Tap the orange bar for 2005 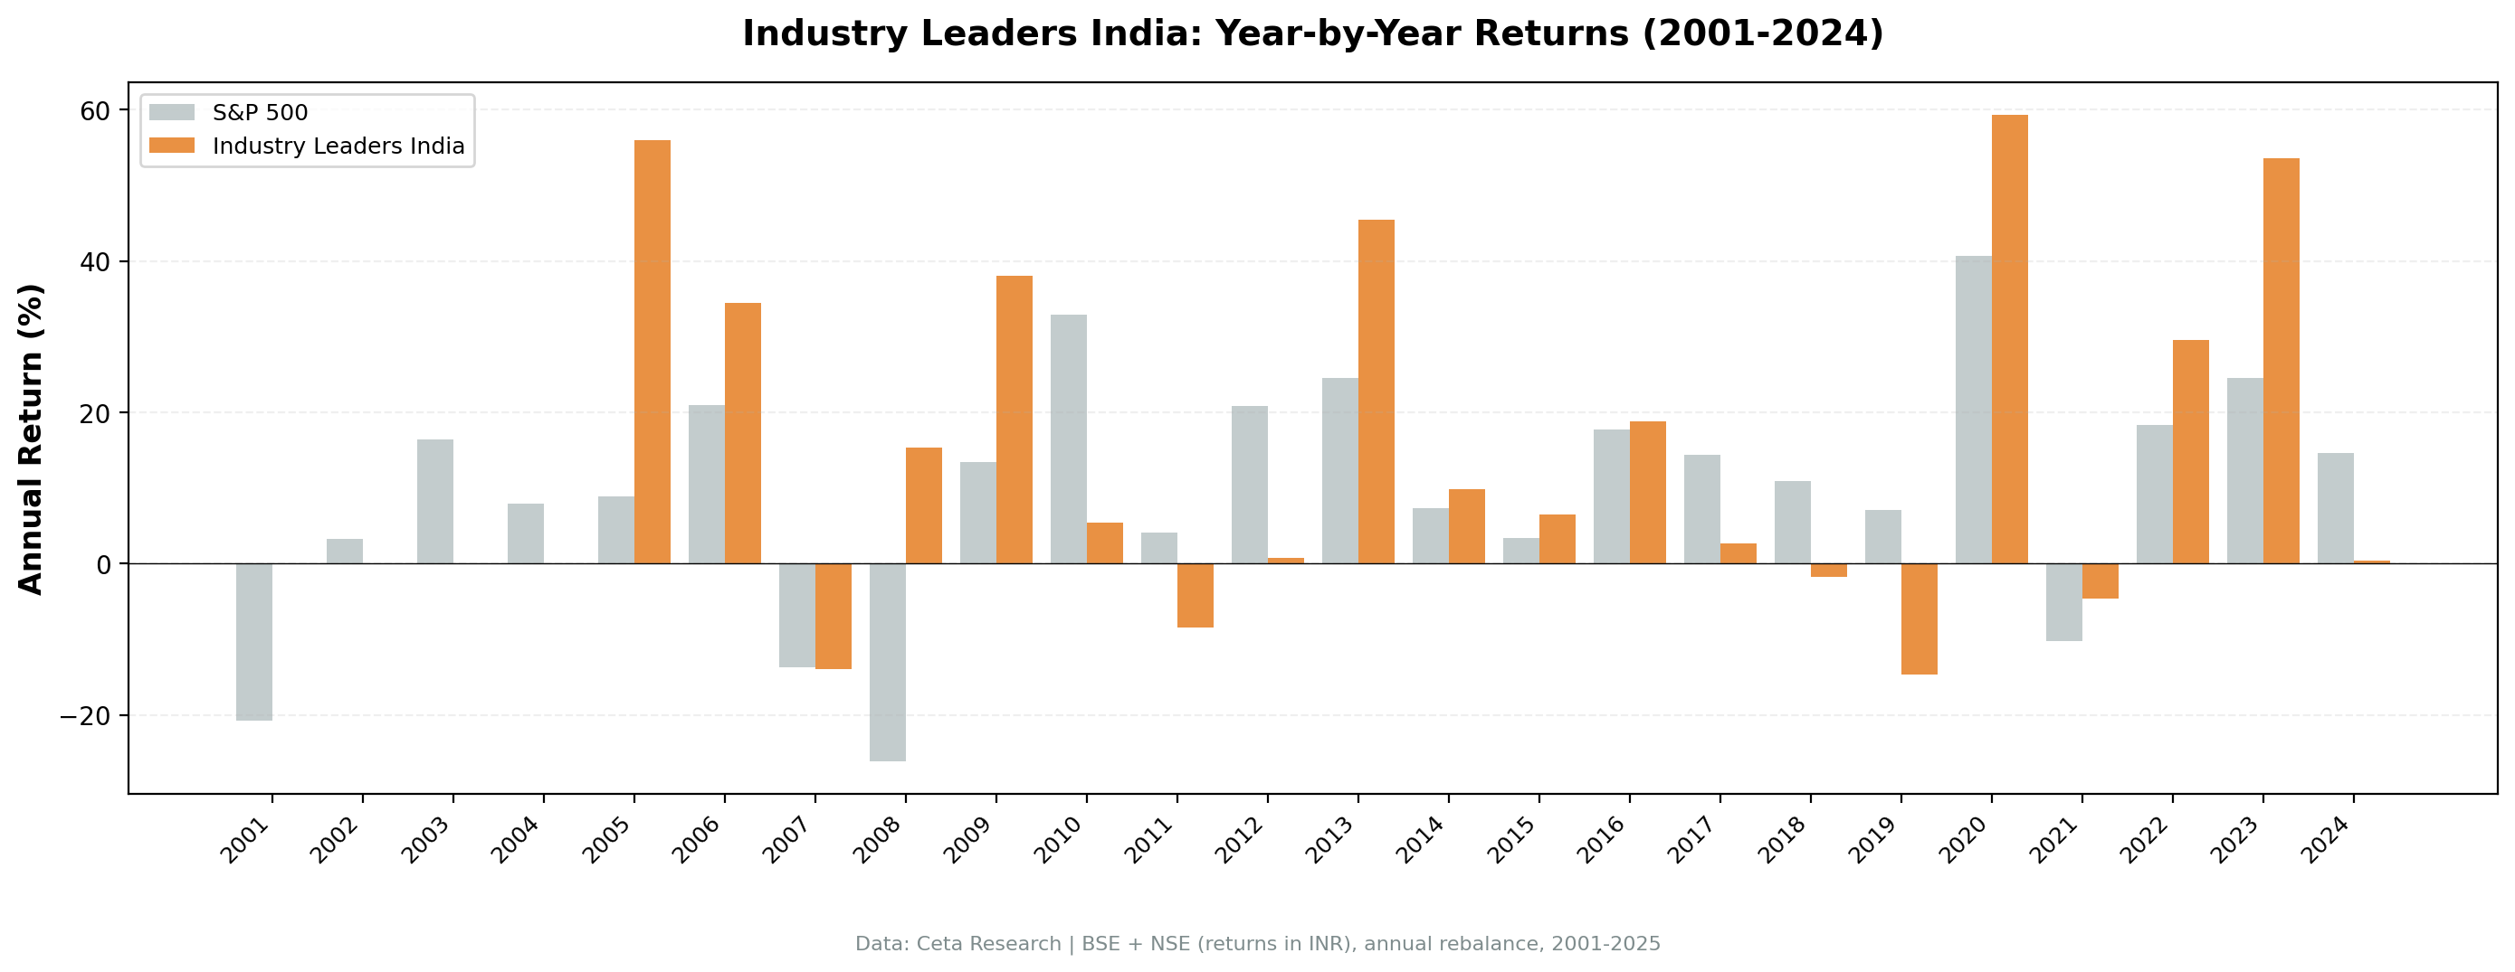(653, 352)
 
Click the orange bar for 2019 (1919, 618)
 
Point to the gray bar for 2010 (1068, 439)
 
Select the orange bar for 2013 (1376, 392)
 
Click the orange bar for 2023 (2281, 360)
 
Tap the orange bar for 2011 (1195, 595)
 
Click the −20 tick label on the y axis (86, 715)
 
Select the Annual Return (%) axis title (32, 439)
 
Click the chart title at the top (1312, 33)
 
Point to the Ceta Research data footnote (1258, 944)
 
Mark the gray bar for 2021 (2064, 601)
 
